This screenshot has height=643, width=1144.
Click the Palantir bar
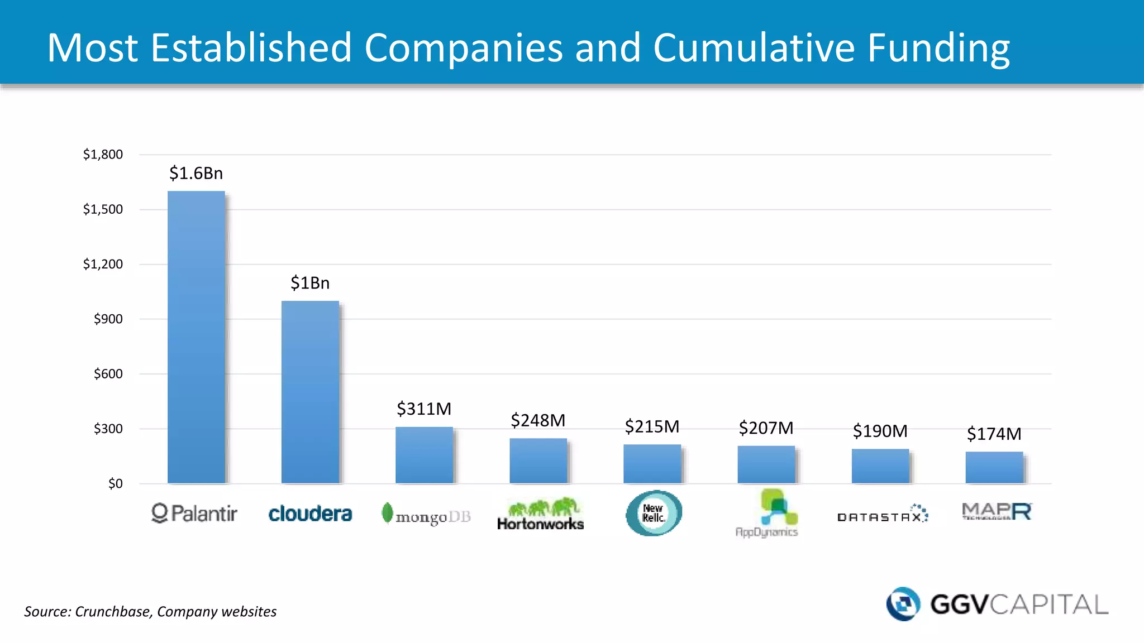point(196,337)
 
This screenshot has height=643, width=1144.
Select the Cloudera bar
point(310,392)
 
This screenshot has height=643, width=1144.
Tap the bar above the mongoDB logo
point(424,455)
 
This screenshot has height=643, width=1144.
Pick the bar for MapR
point(994,467)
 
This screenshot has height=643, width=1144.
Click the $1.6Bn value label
point(196,174)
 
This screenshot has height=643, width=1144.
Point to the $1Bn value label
point(310,284)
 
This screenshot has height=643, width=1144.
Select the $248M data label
point(538,420)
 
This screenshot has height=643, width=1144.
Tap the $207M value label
point(766,428)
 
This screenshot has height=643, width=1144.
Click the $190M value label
point(880,431)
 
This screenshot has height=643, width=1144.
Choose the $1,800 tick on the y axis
point(103,155)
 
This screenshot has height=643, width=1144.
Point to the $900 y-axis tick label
point(108,319)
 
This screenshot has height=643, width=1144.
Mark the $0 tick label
point(115,484)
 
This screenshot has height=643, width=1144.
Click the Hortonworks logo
point(540,514)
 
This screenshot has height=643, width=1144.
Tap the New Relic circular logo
point(654,513)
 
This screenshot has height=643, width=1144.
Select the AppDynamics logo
point(768,513)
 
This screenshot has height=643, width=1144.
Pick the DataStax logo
point(882,514)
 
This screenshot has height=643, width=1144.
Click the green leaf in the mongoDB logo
point(387,512)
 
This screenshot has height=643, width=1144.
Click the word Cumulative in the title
point(754,47)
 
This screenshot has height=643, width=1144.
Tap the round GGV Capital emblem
point(903,604)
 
